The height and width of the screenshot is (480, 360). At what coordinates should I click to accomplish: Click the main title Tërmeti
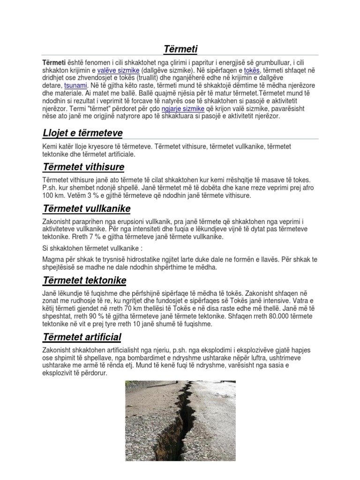click(x=180, y=49)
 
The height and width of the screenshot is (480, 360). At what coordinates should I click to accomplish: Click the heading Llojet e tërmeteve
click(x=82, y=133)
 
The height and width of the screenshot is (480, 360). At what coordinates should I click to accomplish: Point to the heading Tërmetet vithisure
click(x=83, y=167)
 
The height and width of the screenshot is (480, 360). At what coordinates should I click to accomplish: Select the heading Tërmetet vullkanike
click(x=86, y=208)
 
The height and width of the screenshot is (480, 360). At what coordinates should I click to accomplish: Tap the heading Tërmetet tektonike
click(x=84, y=280)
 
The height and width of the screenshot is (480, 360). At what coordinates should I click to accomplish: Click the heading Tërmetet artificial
click(x=82, y=337)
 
